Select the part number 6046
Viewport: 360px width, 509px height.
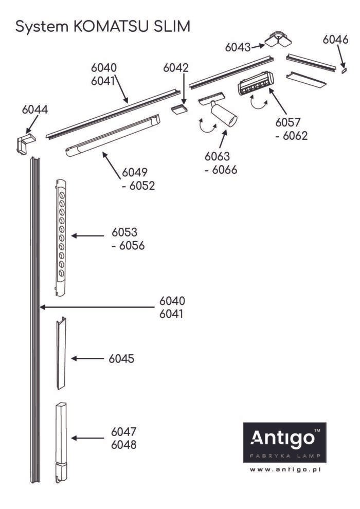[336, 39]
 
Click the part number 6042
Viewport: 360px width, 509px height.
[176, 68]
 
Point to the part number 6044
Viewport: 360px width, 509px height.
[35, 110]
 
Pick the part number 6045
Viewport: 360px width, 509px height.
[121, 358]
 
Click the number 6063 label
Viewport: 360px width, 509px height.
[217, 156]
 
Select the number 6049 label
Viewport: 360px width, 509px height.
[134, 173]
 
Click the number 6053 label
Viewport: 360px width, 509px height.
[124, 232]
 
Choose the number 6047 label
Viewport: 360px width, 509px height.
[123, 431]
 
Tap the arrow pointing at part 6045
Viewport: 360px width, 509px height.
[87, 358]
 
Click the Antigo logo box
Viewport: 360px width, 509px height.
[284, 441]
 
